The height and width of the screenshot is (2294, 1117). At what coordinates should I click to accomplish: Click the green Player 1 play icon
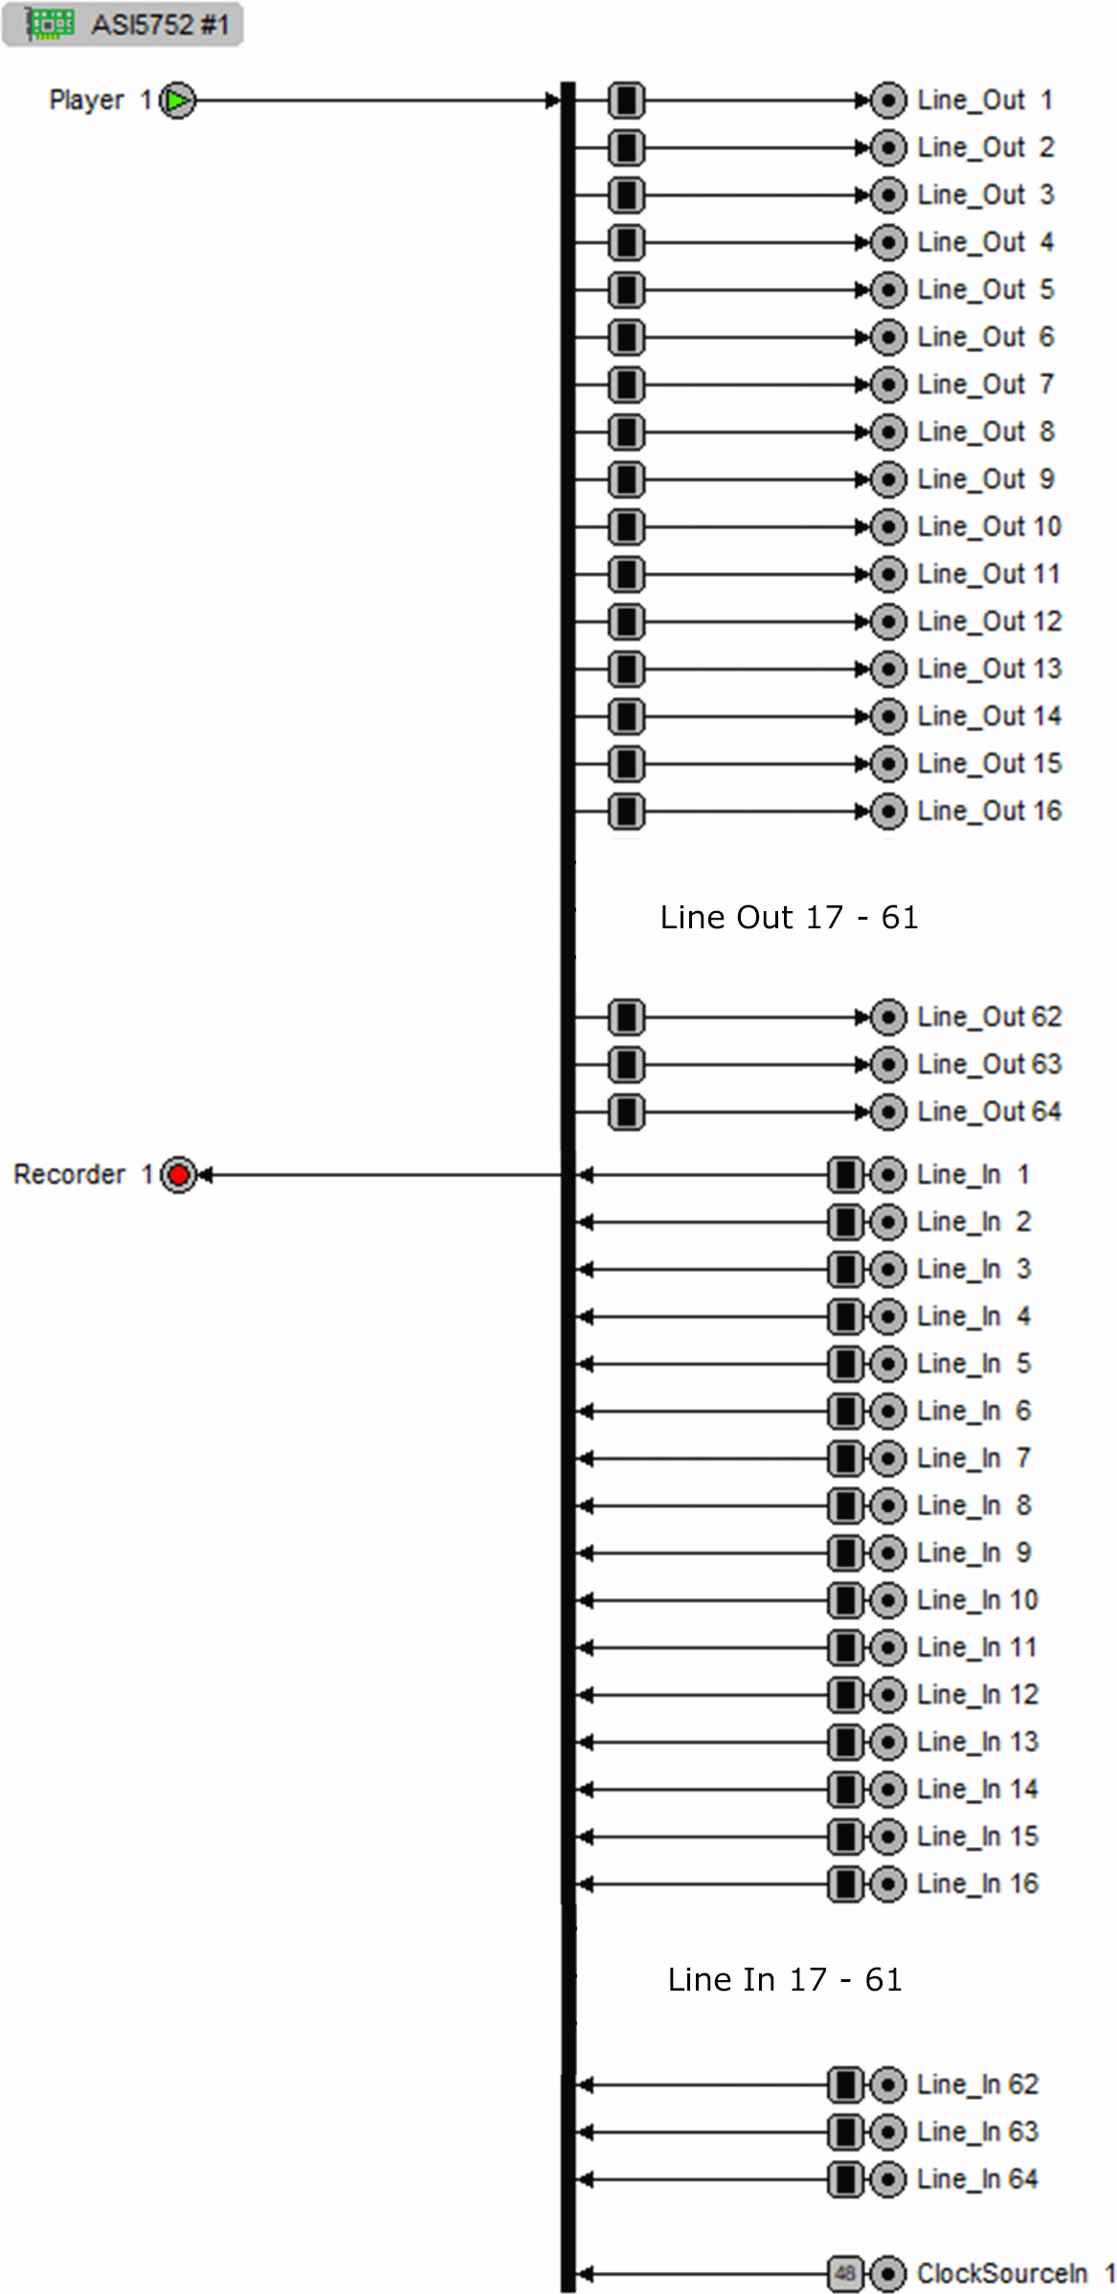pos(178,100)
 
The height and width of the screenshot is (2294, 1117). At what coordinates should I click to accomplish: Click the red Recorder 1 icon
pos(178,1174)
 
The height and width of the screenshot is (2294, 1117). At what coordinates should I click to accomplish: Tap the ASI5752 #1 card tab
pos(123,25)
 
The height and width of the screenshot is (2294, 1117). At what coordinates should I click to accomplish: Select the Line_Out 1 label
pos(984,100)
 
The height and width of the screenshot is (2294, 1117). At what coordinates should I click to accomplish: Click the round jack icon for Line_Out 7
pos(888,385)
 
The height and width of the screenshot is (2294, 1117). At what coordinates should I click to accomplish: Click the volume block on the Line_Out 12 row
pos(626,622)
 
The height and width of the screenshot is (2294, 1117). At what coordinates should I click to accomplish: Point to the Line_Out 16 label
pos(989,812)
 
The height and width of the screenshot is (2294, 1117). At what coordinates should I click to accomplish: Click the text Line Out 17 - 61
pos(789,917)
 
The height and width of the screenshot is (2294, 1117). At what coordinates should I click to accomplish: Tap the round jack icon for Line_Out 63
pos(888,1064)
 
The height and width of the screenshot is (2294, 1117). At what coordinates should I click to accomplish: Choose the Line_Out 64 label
pos(989,1112)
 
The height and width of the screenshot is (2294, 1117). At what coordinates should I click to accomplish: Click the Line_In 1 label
pos(972,1174)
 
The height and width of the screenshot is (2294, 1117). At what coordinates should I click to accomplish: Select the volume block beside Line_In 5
pos(845,1364)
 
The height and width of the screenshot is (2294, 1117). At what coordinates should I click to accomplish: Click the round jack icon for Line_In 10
pos(888,1600)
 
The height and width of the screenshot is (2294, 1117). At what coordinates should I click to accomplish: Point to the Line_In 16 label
pos(977,1884)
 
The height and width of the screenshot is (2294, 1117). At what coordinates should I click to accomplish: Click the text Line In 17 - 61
pos(784,1979)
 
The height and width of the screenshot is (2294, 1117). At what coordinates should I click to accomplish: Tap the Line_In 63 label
pos(977,2132)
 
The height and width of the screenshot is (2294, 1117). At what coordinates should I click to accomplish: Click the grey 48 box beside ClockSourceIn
pos(845,2273)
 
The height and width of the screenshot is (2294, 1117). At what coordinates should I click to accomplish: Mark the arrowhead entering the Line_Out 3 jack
pos(862,195)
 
